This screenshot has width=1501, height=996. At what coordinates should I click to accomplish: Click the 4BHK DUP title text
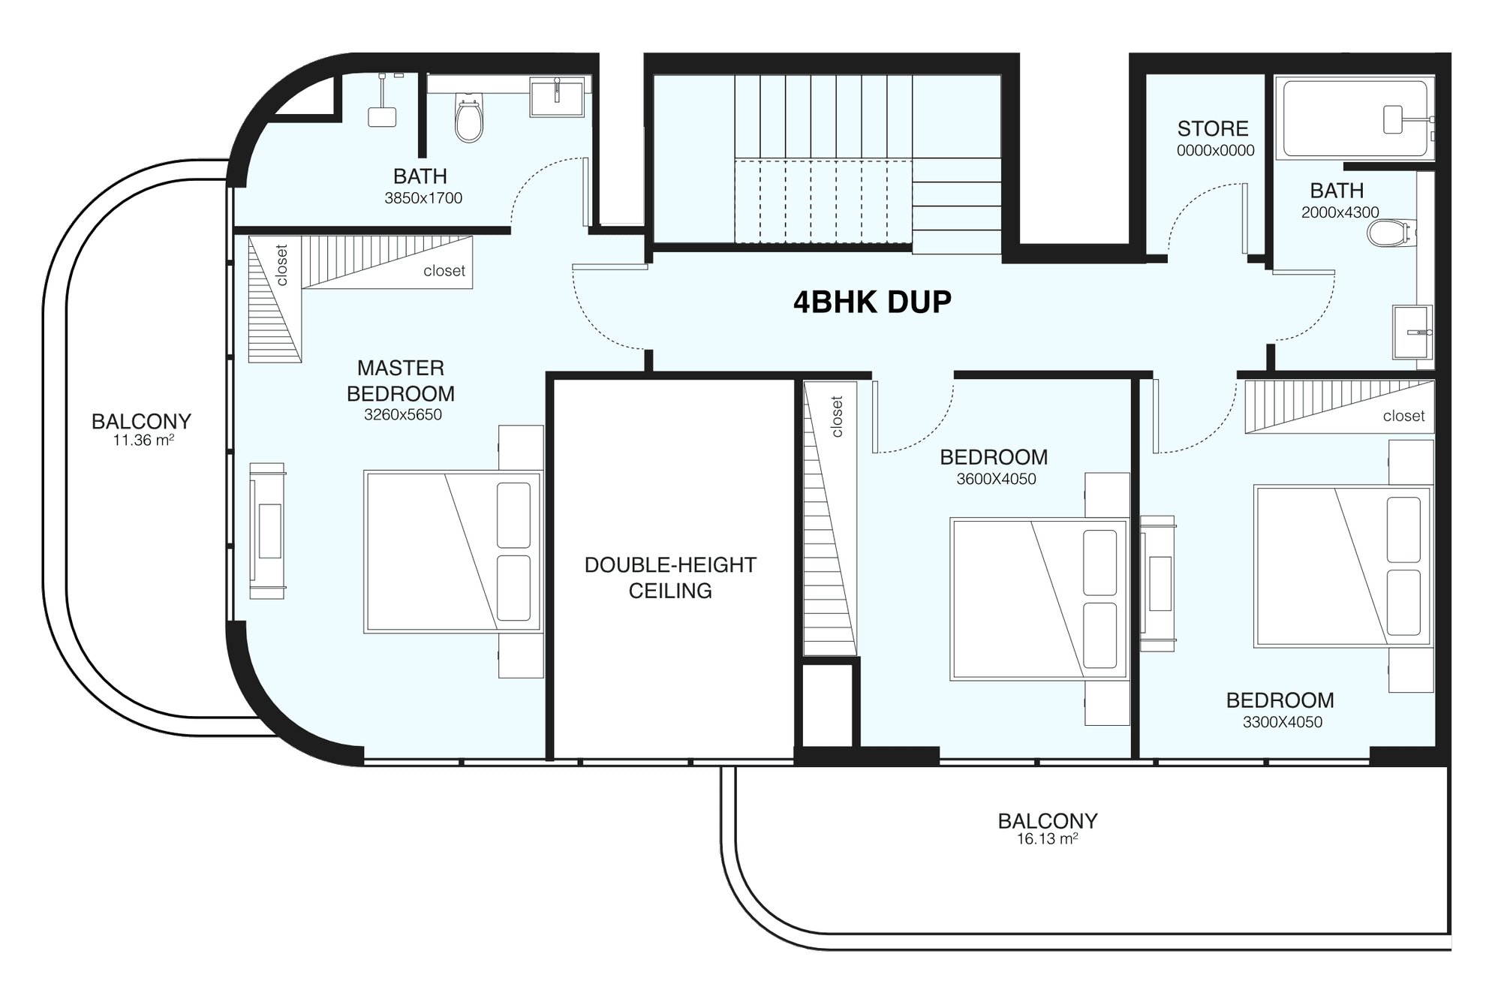[x=872, y=302]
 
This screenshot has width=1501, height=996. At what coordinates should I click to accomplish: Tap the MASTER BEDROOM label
[x=401, y=381]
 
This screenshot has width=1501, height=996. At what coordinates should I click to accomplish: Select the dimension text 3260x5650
[x=403, y=414]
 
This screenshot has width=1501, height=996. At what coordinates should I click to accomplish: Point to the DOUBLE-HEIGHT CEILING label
[x=670, y=577]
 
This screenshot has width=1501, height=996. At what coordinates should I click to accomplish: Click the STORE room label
[x=1213, y=128]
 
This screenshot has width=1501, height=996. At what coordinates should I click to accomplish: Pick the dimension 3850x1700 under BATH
[x=423, y=198]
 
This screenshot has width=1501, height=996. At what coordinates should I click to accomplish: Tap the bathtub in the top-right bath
[x=1356, y=119]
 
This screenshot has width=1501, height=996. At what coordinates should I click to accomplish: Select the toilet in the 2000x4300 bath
[x=1391, y=233]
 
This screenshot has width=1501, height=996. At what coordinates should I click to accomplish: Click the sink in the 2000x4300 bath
[x=1412, y=332]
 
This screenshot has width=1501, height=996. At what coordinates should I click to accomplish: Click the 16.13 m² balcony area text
[x=1048, y=839]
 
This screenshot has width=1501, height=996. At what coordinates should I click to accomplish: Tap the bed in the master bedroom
[x=453, y=552]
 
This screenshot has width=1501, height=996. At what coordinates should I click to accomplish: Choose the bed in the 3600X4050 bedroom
[x=1039, y=599]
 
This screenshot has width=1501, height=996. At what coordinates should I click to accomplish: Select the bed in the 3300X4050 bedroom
[x=1343, y=566]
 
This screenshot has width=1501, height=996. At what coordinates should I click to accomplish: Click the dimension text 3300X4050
[x=1283, y=722]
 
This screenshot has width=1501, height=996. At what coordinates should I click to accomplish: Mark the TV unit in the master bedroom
[x=267, y=531]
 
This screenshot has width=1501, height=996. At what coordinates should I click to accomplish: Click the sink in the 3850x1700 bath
[x=557, y=97]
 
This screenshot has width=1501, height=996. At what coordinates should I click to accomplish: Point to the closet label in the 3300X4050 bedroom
[x=1403, y=416]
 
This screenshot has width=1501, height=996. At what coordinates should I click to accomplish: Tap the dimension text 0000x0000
[x=1216, y=150]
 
